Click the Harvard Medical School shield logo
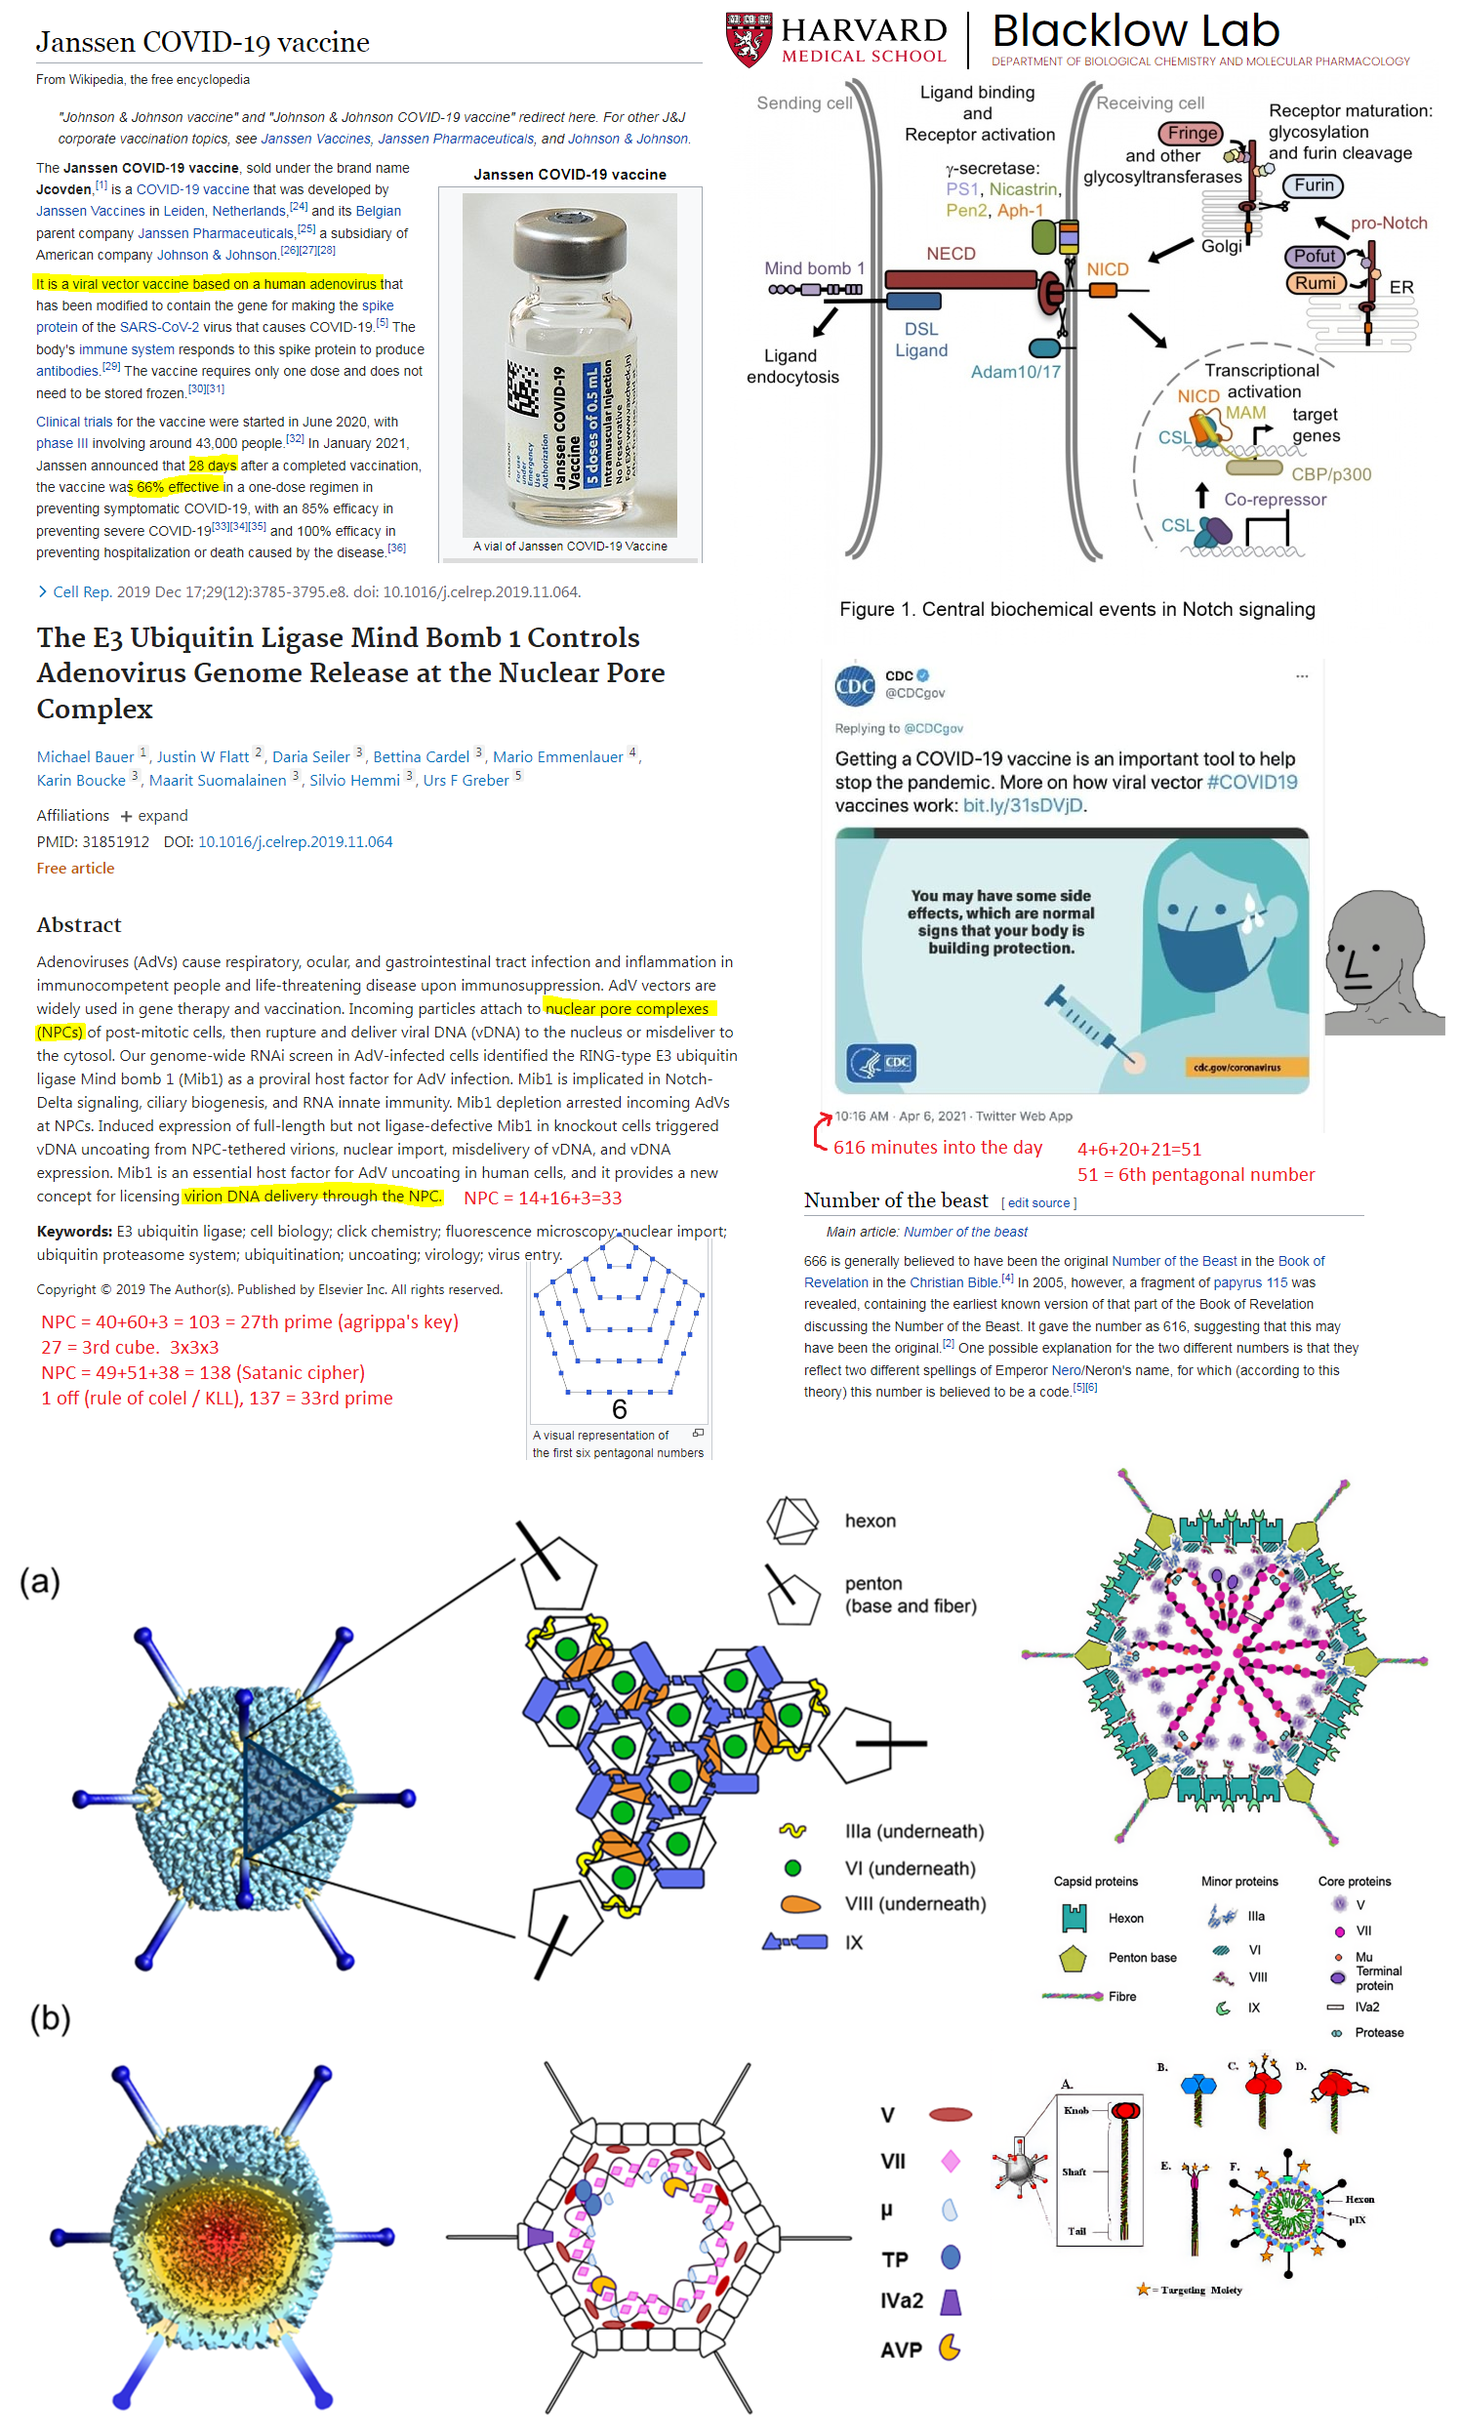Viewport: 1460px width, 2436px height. [748, 38]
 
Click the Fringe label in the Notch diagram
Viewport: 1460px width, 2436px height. [1193, 133]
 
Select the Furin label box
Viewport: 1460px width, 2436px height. [1313, 185]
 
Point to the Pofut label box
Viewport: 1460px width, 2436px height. [1314, 256]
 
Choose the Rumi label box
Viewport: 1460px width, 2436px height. [1315, 283]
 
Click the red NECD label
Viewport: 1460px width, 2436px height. [951, 254]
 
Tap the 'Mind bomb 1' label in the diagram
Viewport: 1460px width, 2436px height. [814, 268]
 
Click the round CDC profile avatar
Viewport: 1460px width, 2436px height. [854, 685]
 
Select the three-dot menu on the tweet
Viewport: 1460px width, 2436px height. [1301, 676]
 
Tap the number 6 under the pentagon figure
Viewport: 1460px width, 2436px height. [619, 1410]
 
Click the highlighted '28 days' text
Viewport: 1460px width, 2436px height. [213, 466]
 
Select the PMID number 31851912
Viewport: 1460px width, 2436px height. [116, 841]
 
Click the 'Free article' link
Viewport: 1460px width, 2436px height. [76, 868]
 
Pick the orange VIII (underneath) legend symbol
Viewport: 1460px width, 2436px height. [800, 1904]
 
